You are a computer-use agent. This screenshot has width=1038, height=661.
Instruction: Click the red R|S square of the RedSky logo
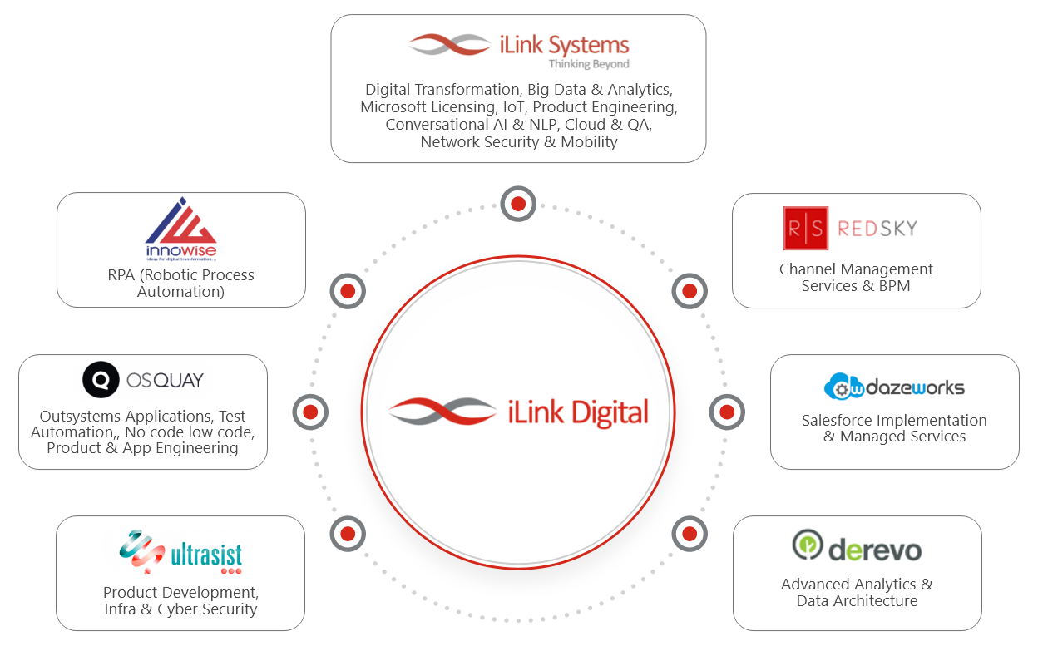point(805,228)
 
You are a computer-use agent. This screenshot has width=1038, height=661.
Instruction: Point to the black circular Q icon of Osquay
point(101,381)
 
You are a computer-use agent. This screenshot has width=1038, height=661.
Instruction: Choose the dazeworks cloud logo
point(894,387)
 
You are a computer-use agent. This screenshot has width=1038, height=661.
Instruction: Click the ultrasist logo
point(180,552)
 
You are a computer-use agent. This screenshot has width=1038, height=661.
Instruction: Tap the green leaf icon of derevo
point(807,545)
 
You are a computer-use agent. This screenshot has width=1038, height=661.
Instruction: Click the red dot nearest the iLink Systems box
point(518,204)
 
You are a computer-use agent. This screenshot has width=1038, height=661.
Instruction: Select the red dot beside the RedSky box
point(690,291)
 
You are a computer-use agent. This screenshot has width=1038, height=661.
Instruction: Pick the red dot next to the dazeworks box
point(727,412)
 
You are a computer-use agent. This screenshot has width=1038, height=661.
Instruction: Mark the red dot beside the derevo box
point(690,534)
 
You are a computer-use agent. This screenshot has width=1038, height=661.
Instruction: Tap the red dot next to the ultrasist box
point(348,534)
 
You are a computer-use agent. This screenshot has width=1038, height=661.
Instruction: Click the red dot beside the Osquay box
point(310,412)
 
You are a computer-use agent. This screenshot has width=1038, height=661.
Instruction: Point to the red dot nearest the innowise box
point(348,291)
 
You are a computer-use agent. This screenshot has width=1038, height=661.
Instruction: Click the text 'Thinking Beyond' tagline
point(589,64)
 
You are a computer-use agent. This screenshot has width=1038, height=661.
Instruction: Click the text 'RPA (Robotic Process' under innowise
point(180,275)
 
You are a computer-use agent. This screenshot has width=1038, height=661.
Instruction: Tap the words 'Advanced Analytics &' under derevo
point(857,585)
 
